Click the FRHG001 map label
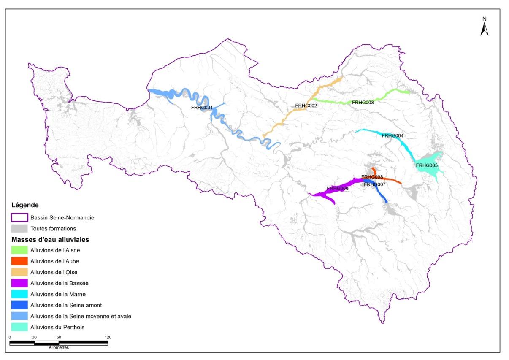click(x=201, y=108)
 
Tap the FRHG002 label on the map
click(x=306, y=106)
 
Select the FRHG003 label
click(x=363, y=103)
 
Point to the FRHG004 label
click(x=393, y=136)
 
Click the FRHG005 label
click(x=427, y=166)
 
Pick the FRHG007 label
click(x=374, y=184)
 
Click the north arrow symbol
click(x=485, y=27)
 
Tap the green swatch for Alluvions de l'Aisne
click(x=19, y=250)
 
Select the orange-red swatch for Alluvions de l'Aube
click(x=19, y=261)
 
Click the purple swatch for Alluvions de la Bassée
click(x=19, y=283)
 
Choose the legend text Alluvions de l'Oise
click(x=54, y=272)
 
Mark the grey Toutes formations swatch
click(x=19, y=229)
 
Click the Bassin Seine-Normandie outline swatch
click(x=19, y=218)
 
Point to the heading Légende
click(x=25, y=206)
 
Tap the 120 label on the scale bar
click(x=108, y=337)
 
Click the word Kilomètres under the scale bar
click(x=59, y=348)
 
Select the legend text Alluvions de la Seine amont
click(x=66, y=305)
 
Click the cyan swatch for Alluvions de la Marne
click(x=19, y=294)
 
